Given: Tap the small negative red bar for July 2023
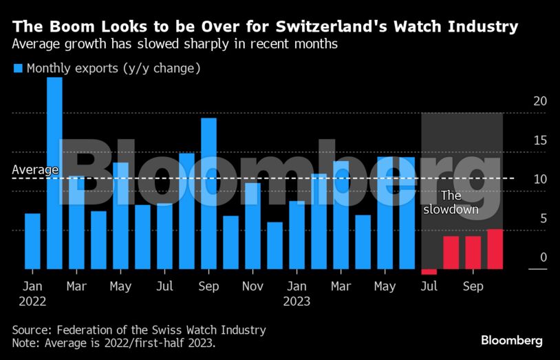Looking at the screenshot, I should (429, 272).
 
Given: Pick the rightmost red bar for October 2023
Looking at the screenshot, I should (495, 249).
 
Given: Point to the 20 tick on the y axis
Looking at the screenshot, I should (540, 101).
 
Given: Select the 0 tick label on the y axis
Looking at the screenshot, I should (543, 257).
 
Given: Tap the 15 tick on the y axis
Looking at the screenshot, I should (540, 140).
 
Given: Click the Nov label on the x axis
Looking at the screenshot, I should (252, 286).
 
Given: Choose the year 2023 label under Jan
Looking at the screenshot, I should (297, 301).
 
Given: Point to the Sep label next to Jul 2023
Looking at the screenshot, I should (473, 286).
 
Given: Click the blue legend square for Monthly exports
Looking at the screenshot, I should (18, 68).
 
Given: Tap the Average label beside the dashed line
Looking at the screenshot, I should (35, 170).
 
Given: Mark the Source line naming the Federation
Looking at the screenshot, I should (139, 330).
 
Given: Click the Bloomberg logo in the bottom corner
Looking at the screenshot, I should (511, 341).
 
